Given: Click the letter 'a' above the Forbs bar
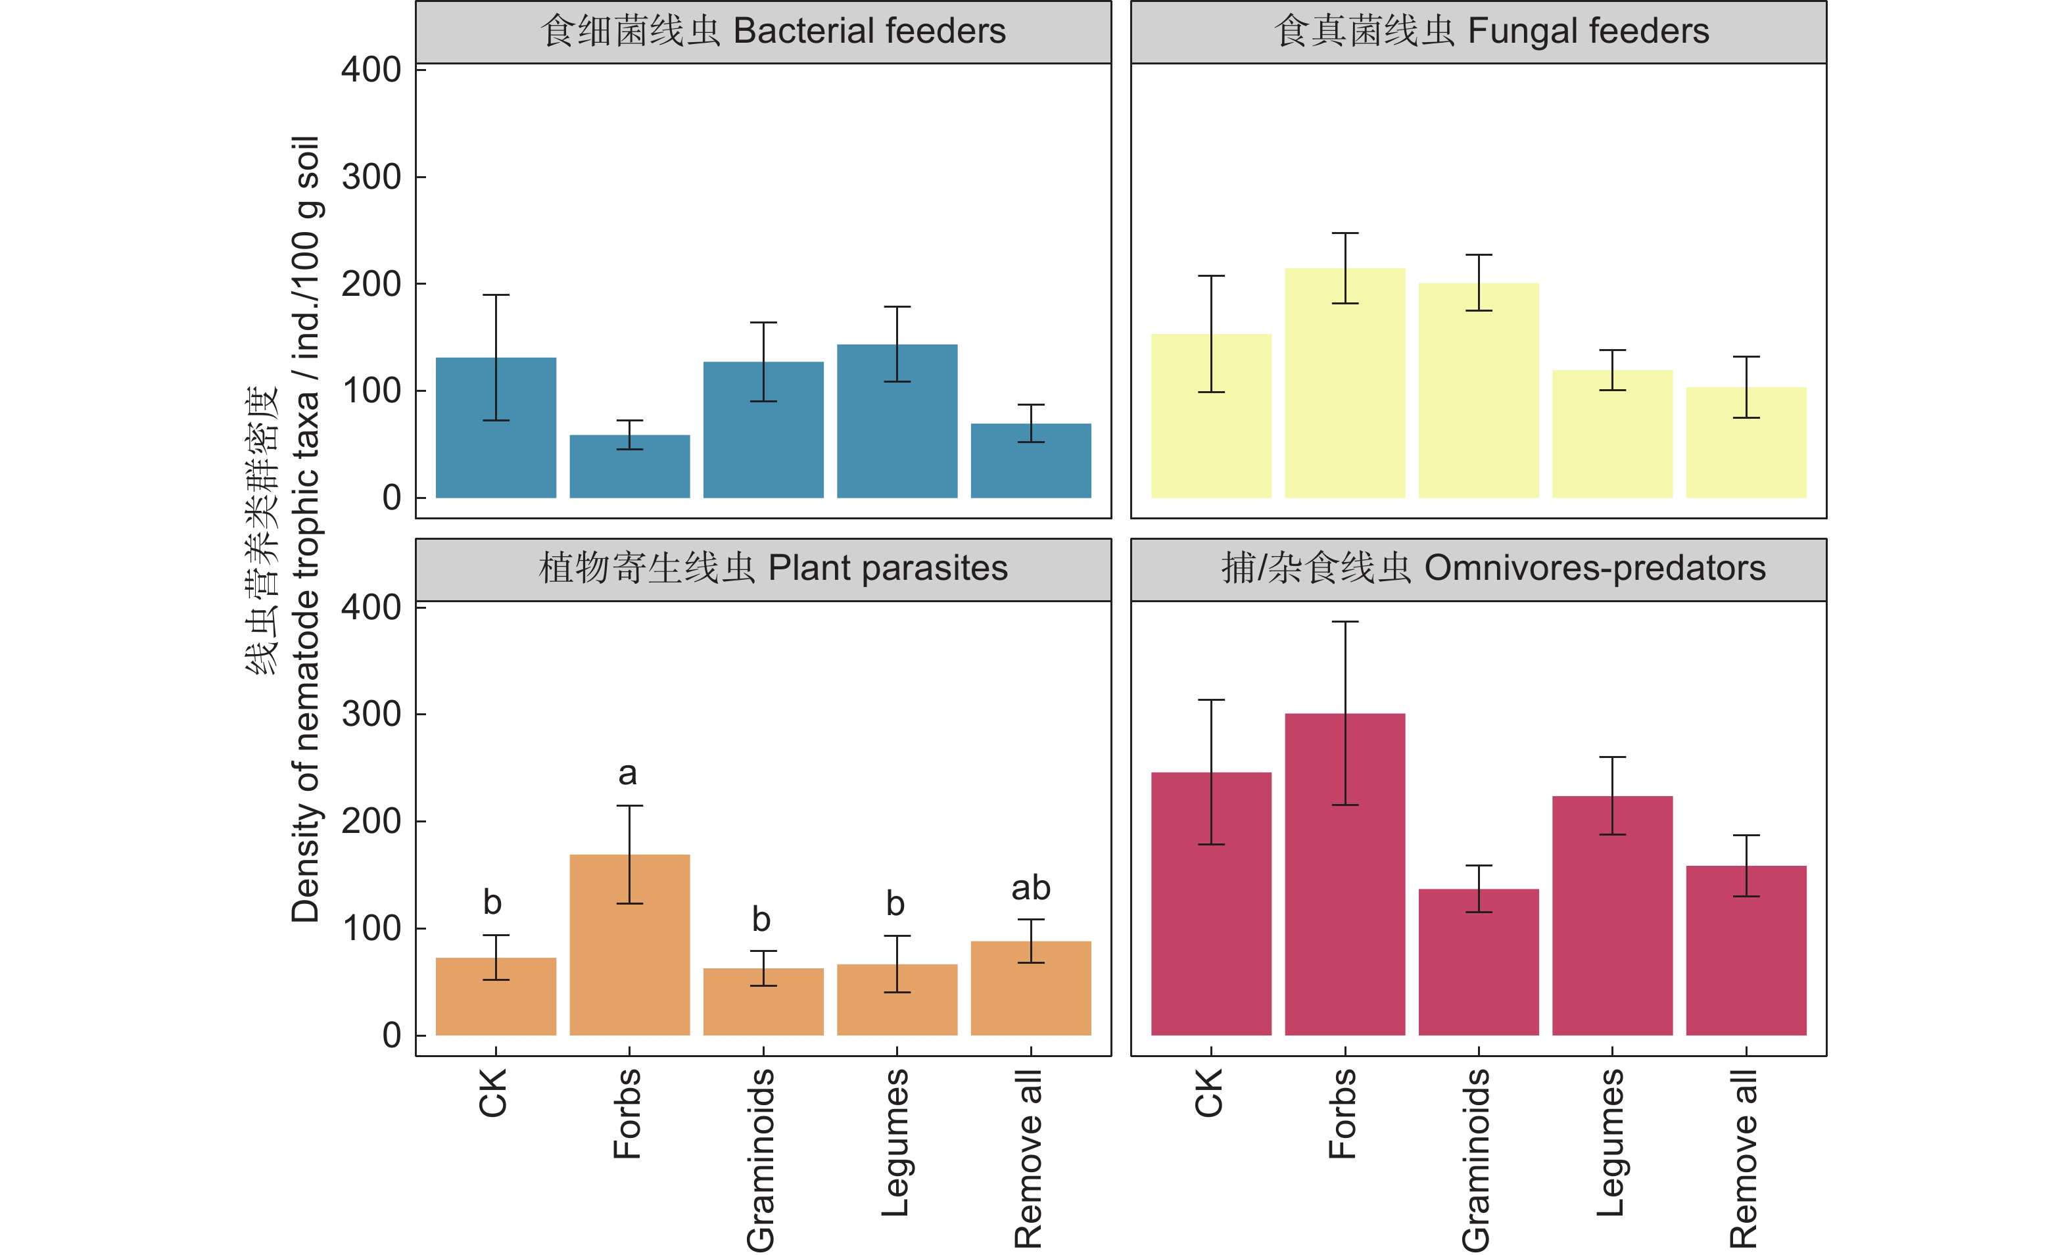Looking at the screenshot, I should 628,773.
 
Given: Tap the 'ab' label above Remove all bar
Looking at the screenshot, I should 1030,888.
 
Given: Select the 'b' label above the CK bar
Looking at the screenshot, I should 492,903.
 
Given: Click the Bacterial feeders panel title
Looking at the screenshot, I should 773,31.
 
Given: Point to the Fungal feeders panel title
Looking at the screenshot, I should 1491,31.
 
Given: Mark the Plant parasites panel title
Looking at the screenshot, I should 773,568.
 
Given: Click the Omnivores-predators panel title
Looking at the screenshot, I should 1492,568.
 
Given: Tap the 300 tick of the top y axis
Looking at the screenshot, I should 371,178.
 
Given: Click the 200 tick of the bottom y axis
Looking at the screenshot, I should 371,821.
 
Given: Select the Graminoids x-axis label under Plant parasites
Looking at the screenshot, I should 761,1160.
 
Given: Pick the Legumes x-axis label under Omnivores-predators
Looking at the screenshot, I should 1610,1143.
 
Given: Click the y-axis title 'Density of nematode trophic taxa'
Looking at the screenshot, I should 305,530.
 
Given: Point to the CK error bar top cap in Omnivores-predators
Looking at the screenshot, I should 1211,699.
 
